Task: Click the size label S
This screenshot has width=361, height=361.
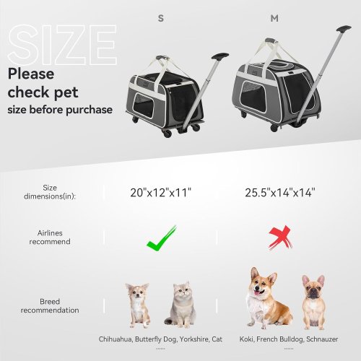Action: tap(161, 18)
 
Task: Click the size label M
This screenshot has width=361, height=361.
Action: tap(274, 18)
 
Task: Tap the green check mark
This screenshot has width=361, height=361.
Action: tap(161, 238)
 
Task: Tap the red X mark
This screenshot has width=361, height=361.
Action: tap(280, 238)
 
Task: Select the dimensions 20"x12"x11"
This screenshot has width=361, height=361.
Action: tap(160, 193)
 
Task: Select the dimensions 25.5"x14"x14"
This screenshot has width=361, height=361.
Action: tap(280, 193)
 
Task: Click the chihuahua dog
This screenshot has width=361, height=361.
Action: tap(138, 305)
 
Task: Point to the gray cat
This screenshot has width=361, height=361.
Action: tap(180, 305)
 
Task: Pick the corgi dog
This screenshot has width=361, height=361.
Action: tap(269, 298)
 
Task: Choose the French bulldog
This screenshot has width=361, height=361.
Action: tap(313, 303)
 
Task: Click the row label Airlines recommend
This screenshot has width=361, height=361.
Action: tap(50, 238)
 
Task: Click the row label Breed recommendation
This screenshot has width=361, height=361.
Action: tap(50, 306)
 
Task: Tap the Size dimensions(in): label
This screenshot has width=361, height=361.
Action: tap(50, 192)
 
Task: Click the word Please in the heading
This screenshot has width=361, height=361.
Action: tap(31, 74)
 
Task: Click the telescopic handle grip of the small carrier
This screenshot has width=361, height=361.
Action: tap(220, 56)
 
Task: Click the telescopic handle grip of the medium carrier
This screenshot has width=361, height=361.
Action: tap(344, 29)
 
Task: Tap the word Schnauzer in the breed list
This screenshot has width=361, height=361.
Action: tap(322, 339)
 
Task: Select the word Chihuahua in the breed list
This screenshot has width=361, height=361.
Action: tap(116, 339)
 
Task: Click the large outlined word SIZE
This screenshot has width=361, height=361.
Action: tap(62, 45)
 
